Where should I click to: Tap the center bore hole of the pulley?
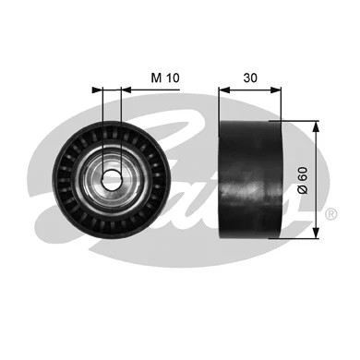[x=109, y=178]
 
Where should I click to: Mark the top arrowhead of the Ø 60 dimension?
[x=317, y=126]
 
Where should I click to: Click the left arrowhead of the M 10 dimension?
[x=97, y=90]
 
